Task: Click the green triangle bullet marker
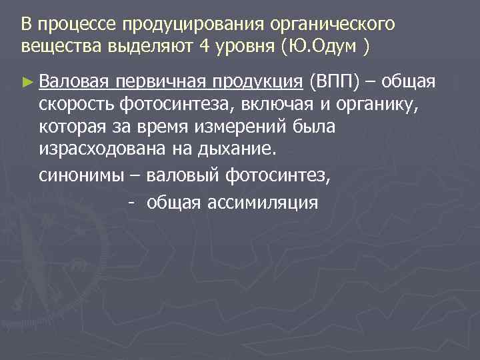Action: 26,82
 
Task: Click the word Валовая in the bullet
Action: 73,81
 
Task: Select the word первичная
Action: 160,81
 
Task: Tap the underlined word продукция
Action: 257,81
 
